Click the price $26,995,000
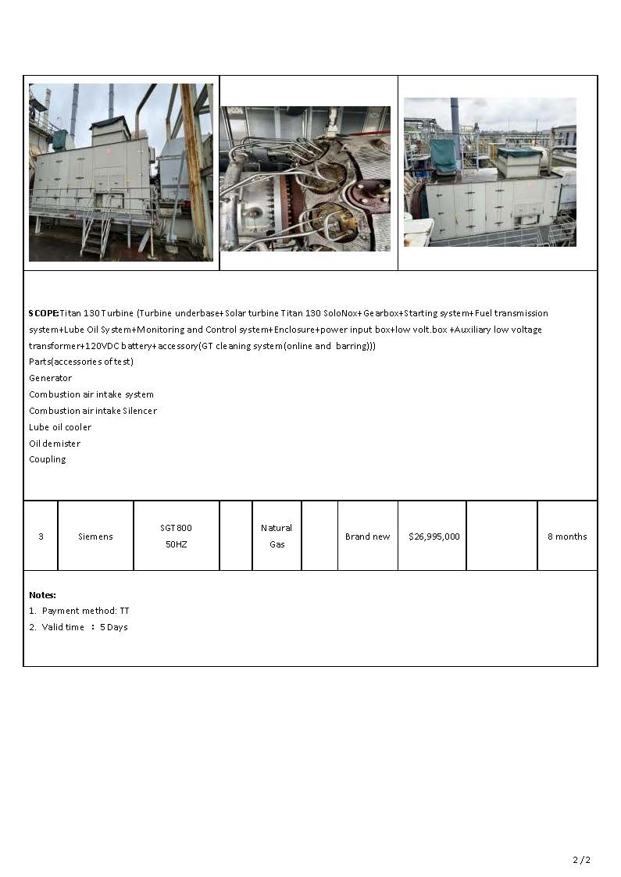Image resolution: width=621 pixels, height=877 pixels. pos(434,537)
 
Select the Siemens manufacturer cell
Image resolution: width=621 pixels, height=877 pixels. pos(95,537)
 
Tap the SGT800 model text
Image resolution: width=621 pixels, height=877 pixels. pos(176,528)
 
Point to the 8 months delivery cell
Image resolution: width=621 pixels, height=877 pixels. pos(566,537)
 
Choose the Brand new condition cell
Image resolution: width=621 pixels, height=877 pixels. pos(367,537)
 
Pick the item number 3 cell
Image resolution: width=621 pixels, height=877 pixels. pos(41,537)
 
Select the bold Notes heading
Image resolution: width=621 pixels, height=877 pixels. pos(42,595)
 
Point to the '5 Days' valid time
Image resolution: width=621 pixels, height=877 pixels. pos(113,627)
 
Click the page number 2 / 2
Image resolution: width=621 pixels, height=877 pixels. pos(581,860)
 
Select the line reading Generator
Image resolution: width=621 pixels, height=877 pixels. pos(50,378)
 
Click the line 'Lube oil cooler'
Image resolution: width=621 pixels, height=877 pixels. pos(60,427)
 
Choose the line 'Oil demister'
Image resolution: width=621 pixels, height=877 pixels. pos(55,444)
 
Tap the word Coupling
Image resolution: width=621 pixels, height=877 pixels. pos(47,459)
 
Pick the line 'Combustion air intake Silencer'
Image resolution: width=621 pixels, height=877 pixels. pos(92,411)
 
